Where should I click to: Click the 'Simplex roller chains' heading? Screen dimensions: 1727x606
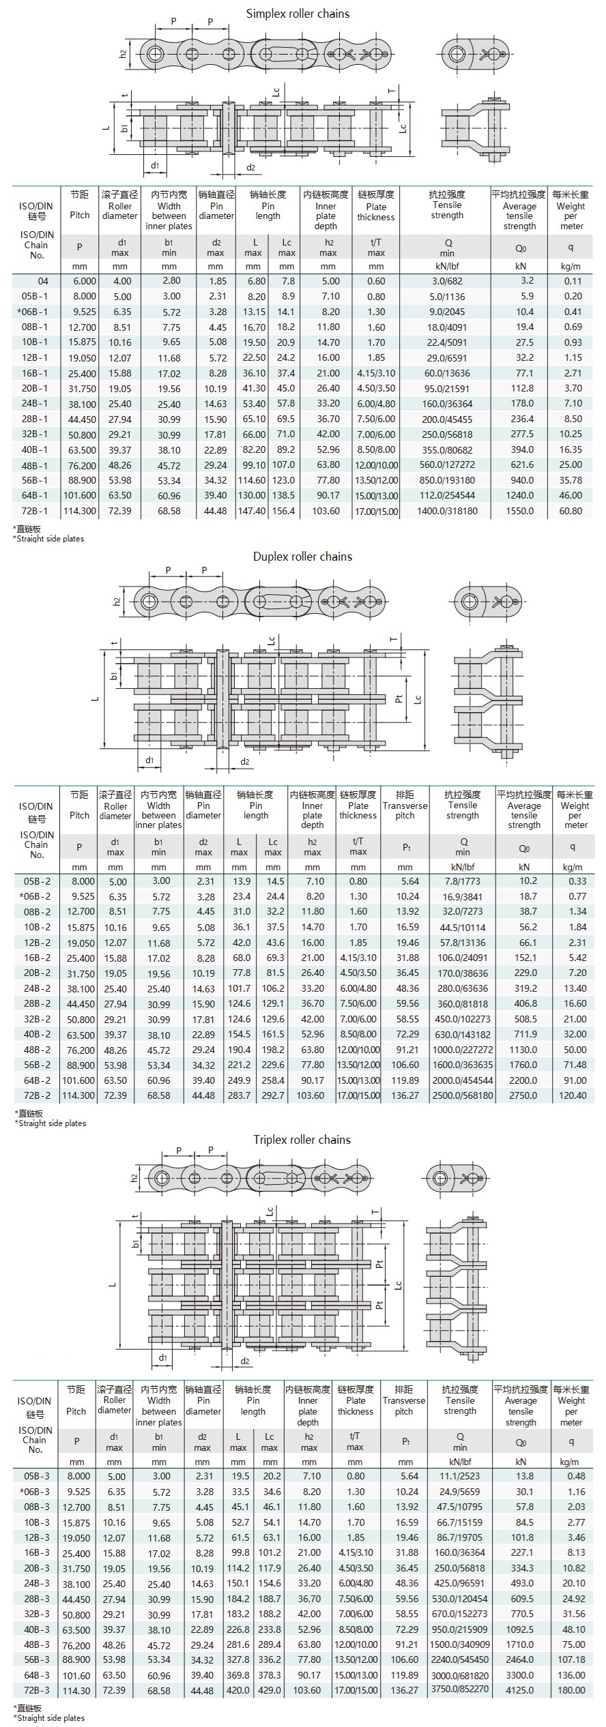point(298,14)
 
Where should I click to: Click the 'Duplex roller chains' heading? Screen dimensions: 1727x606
point(302,557)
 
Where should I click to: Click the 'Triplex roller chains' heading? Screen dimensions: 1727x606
point(302,1140)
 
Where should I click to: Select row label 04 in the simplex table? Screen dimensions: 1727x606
point(43,281)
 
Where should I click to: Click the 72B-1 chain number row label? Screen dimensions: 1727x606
point(35,511)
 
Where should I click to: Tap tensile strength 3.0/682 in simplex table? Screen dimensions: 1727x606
point(446,281)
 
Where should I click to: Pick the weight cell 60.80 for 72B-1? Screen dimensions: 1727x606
point(571,511)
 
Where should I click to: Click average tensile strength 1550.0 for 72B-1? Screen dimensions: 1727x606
point(520,511)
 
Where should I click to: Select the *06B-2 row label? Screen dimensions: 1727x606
point(35,896)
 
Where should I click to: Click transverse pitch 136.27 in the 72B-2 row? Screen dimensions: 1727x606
point(405,1095)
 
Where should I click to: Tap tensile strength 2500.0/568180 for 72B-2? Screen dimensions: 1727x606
point(462,1095)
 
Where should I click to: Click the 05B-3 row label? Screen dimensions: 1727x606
point(35,1476)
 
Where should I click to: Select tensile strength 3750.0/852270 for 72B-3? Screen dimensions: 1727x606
point(459,1689)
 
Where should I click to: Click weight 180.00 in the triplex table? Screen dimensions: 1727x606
point(571,1690)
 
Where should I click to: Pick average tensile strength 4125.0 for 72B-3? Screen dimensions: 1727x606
point(520,1690)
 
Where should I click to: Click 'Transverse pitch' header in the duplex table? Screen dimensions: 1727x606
point(405,805)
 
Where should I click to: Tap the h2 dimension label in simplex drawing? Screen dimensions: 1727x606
point(124,53)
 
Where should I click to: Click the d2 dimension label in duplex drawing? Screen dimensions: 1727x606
point(244,762)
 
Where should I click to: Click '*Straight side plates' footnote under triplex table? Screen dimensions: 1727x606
point(48,1718)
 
